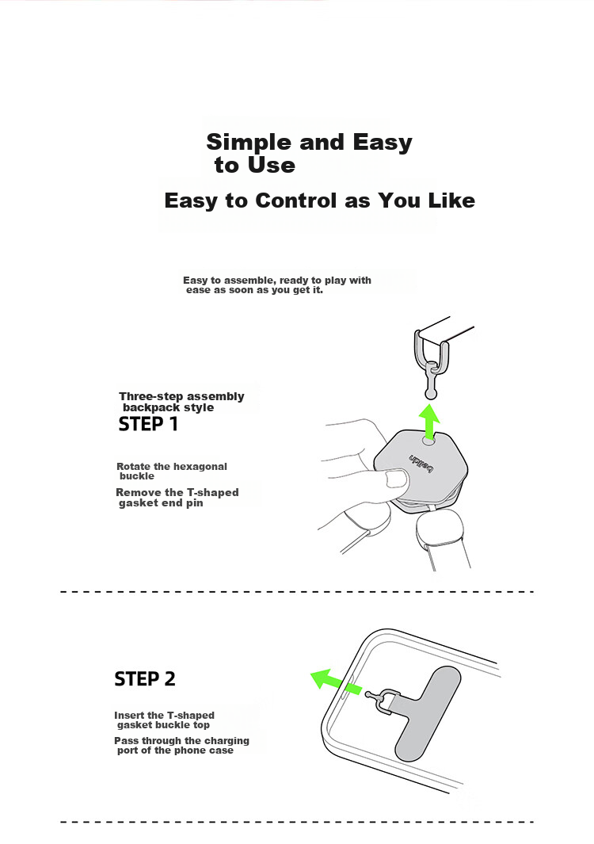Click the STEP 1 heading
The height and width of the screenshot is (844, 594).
pyautogui.click(x=148, y=424)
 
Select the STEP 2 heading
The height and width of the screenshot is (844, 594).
pyautogui.click(x=145, y=678)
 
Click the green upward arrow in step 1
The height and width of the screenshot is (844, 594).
pyautogui.click(x=429, y=421)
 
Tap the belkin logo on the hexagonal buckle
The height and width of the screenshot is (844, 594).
pyautogui.click(x=421, y=464)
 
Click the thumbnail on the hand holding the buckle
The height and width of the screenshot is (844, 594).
pyautogui.click(x=398, y=479)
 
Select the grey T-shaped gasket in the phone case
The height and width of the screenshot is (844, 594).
pyautogui.click(x=426, y=711)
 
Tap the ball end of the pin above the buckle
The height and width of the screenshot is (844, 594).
pyautogui.click(x=430, y=395)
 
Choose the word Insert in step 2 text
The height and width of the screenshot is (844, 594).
pyautogui.click(x=130, y=716)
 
